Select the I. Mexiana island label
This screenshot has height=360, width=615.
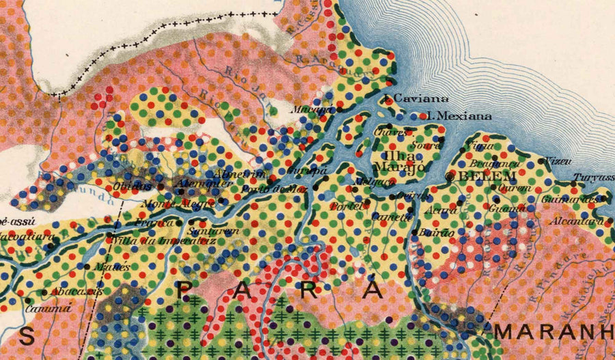coord(459,116)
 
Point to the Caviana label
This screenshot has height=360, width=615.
coord(416,99)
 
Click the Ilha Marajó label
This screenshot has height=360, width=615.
coord(400,161)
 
